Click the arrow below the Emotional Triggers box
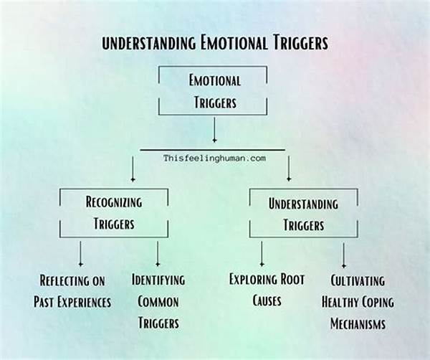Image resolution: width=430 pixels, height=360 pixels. [x=214, y=130]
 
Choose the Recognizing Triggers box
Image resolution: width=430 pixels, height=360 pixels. [x=113, y=213]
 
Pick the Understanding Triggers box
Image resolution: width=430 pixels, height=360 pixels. [x=303, y=213]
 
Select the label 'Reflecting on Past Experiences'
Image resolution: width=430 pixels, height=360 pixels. [x=72, y=290]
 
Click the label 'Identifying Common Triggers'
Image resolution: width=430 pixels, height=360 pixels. [x=158, y=301]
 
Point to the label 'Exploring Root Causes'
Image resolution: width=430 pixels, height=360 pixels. [x=267, y=290]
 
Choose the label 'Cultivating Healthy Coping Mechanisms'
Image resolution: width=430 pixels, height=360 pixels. [x=358, y=302]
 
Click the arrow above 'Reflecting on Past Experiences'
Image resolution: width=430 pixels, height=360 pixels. [x=80, y=253]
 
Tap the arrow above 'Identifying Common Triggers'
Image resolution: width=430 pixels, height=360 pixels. [x=157, y=253]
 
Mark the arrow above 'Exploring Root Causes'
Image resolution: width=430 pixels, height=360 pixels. [x=262, y=253]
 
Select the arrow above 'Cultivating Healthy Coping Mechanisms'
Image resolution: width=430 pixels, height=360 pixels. [x=344, y=255]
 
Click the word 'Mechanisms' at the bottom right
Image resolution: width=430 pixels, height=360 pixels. [x=358, y=324]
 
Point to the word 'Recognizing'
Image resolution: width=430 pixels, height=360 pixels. [x=114, y=202]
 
